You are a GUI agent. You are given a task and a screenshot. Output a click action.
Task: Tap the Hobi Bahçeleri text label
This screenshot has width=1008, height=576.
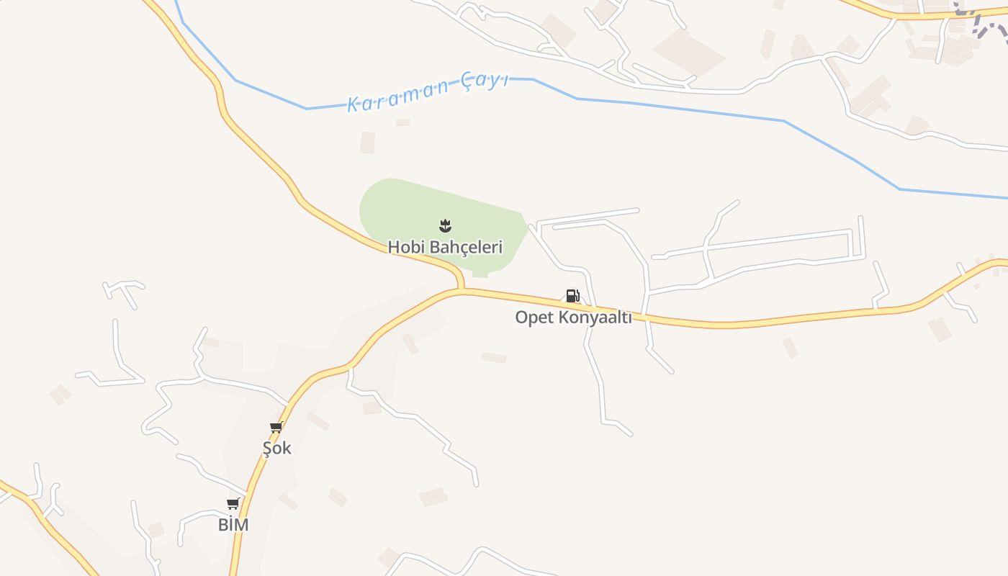[x=445, y=247]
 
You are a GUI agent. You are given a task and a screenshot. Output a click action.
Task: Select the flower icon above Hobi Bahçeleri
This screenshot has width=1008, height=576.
[x=446, y=225]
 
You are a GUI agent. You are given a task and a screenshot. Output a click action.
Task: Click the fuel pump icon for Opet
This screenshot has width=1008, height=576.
[x=572, y=296]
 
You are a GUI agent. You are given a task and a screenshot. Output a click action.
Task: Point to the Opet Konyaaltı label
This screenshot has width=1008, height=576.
[x=573, y=318]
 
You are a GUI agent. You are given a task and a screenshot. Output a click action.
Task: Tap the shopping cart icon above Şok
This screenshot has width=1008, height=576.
[x=276, y=428]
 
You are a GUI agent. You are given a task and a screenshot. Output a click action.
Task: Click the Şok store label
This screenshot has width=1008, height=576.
[x=276, y=448]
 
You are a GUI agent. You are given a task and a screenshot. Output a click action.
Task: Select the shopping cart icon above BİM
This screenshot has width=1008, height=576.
[x=233, y=504]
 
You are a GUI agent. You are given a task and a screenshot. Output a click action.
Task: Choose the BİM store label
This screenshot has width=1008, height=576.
[x=233, y=525]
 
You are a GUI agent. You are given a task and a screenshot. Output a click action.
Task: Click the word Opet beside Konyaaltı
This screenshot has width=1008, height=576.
[x=532, y=318]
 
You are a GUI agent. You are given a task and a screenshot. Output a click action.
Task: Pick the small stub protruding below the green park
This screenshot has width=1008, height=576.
[x=480, y=274]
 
